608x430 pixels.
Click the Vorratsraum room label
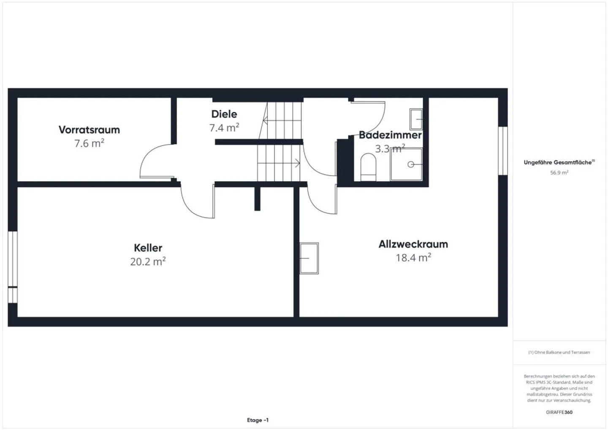coord(89,130)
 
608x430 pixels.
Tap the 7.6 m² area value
coord(89,144)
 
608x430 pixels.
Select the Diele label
coord(224,114)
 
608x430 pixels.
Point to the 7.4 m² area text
coord(224,128)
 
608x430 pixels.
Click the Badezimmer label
coord(390,135)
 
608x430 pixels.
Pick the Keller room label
coord(148,248)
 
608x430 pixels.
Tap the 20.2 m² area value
coord(148,262)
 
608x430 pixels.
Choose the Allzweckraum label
coord(413,244)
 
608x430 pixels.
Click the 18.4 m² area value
coord(413,258)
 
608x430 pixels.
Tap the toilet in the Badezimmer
coord(369,167)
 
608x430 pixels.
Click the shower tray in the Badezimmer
coord(406,164)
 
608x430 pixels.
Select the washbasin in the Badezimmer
coord(416,119)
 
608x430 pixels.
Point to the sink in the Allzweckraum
coord(309,258)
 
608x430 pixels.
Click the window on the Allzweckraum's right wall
coord(502,150)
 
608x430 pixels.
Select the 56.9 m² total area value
coord(559,173)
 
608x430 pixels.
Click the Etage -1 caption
coord(258,420)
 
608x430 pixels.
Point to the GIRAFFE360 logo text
coord(559,412)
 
